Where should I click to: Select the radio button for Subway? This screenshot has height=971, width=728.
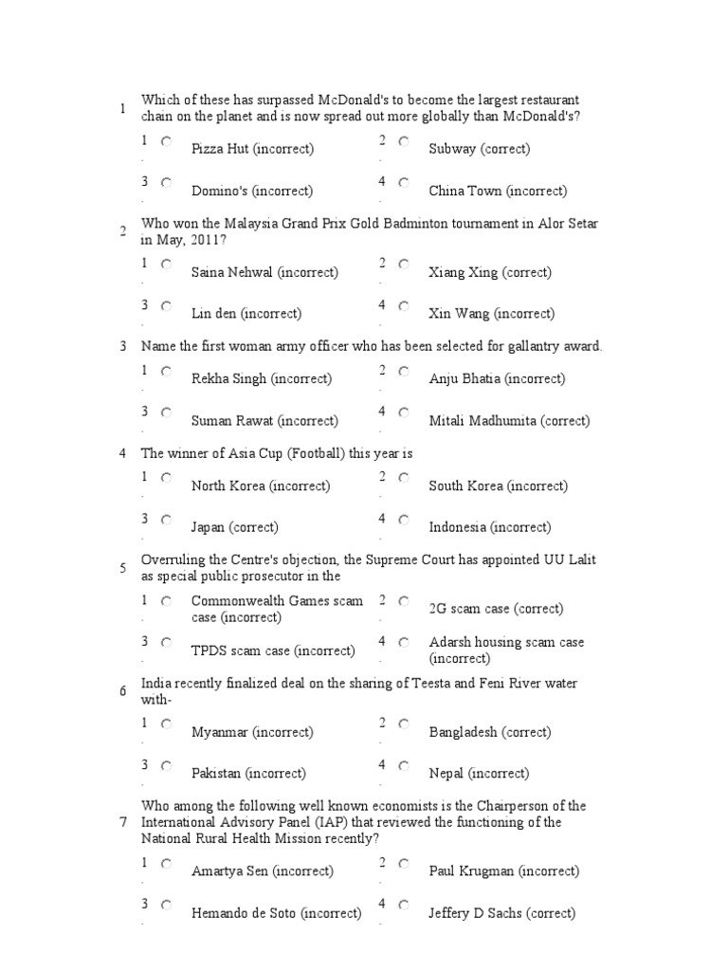pos(404,141)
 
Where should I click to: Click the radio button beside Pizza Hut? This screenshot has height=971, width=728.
pos(166,141)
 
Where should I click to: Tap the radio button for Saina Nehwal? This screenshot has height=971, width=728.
pos(166,265)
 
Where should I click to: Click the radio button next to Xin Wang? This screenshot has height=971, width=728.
pos(404,306)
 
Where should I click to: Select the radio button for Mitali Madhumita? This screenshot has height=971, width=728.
pos(404,412)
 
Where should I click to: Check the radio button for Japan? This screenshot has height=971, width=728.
pos(166,520)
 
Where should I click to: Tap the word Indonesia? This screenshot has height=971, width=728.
pos(458,527)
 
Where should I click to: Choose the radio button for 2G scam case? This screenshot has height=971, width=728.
pos(404,601)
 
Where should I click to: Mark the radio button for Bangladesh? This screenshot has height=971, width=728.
pos(404,724)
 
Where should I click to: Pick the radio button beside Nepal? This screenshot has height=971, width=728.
pos(404,766)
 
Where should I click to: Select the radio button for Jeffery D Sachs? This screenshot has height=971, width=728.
pos(404,906)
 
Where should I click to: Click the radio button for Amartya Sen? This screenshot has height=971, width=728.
pos(166,864)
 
